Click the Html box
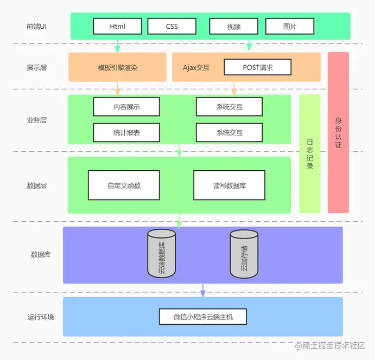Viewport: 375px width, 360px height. (x=117, y=27)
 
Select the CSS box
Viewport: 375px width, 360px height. (x=171, y=27)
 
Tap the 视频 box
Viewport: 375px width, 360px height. (x=233, y=27)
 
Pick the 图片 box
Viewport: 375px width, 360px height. (x=289, y=27)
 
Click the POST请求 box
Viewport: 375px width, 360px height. (x=258, y=67)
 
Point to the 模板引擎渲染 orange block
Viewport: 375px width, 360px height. (x=117, y=67)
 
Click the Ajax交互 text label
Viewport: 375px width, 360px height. (x=196, y=68)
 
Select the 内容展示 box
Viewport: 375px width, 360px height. (x=126, y=107)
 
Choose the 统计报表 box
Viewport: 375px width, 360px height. (x=126, y=132)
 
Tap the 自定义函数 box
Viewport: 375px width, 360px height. (x=124, y=185)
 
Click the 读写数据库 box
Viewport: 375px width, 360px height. (x=229, y=185)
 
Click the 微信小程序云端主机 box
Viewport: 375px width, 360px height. (x=203, y=317)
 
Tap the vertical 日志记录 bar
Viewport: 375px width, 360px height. (x=310, y=154)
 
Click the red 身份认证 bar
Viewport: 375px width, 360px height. (x=338, y=133)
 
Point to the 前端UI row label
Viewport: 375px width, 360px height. (x=36, y=27)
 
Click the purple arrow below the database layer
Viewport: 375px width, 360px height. (x=203, y=291)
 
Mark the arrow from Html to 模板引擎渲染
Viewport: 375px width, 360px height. (x=117, y=46)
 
